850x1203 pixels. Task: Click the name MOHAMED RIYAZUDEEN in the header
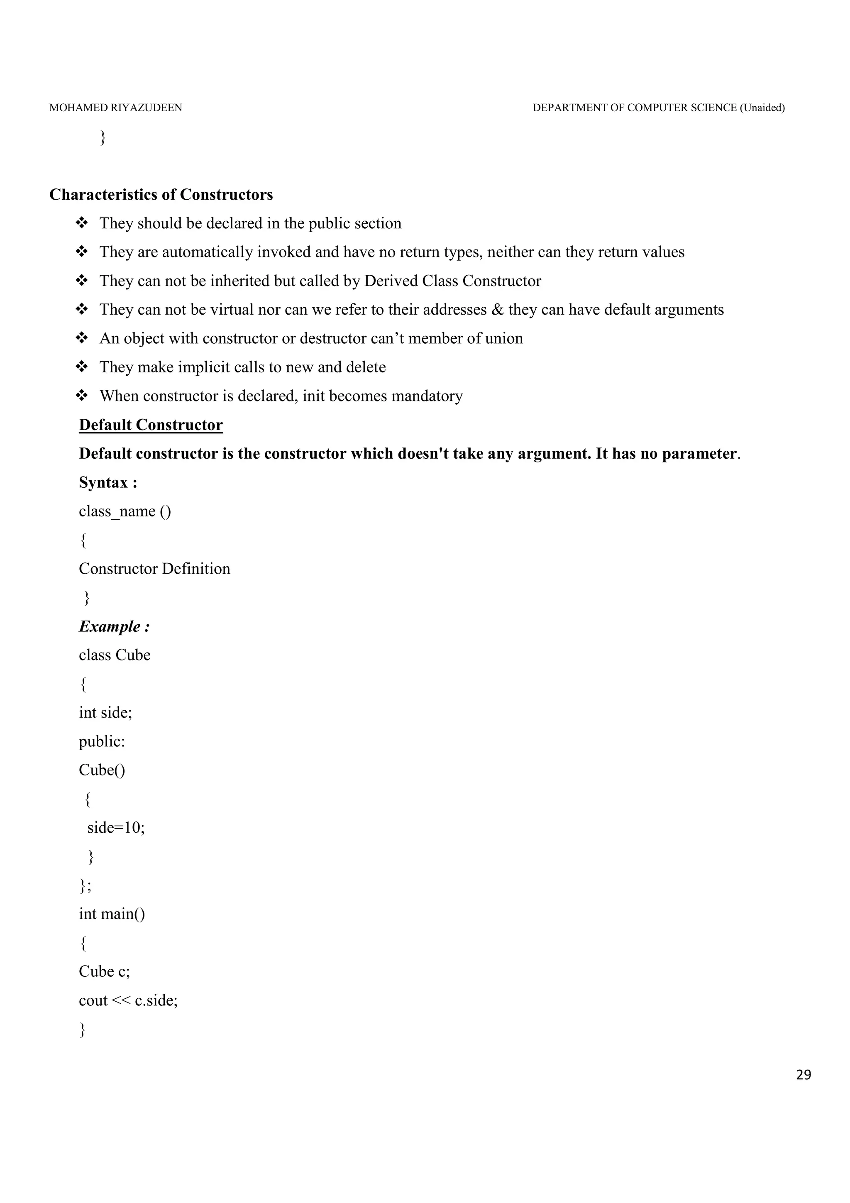(x=116, y=108)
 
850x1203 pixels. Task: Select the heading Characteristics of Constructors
(x=161, y=195)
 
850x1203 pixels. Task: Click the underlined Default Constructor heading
(x=151, y=425)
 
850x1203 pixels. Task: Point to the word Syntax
(x=104, y=482)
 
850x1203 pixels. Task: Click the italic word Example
(x=110, y=627)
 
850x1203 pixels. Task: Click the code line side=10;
(x=116, y=828)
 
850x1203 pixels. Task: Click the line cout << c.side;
(x=128, y=1000)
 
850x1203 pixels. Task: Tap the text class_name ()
(x=125, y=511)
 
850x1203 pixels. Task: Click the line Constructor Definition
(x=154, y=569)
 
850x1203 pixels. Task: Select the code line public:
(x=102, y=741)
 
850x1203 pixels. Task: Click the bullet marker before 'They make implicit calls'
(x=82, y=367)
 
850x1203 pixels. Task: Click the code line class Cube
(x=115, y=655)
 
